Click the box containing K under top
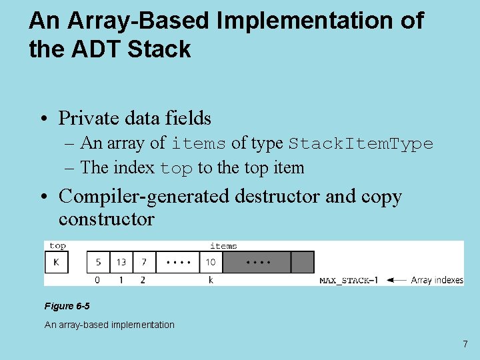(56, 262)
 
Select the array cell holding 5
(99, 262)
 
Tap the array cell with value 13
(121, 262)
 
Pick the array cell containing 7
(144, 262)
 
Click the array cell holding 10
(211, 262)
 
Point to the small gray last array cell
(303, 262)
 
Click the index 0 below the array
(98, 280)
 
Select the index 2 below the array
(143, 280)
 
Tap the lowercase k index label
(211, 280)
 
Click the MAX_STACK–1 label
(348, 280)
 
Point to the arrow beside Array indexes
(396, 280)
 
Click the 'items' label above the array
(223, 246)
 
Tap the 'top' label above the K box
(57, 246)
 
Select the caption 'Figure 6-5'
(67, 306)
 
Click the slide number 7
(465, 344)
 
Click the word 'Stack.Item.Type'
(361, 143)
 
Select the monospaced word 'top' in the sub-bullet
(177, 168)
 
